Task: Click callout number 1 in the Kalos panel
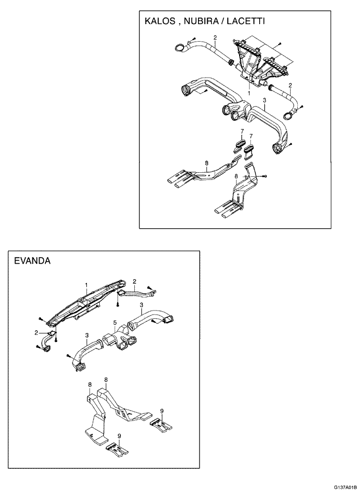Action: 249,94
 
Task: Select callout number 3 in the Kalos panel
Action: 264,102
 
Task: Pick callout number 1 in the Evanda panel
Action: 86,284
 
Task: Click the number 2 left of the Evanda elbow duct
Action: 37,333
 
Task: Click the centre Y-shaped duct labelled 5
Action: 119,342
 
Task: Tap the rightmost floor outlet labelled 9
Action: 160,424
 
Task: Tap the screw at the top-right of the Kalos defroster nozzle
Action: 279,44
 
